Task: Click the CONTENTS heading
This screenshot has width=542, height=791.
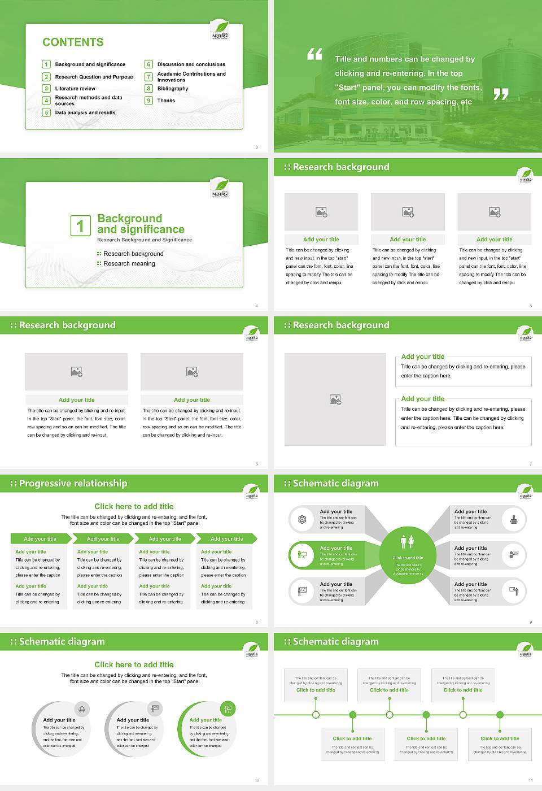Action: coord(73,42)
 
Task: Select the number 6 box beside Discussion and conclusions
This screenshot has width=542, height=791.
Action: coord(149,64)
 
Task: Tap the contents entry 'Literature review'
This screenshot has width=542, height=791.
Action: coord(75,89)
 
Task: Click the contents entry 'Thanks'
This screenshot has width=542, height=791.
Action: coord(166,101)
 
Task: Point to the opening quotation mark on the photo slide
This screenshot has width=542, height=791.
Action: coord(314,54)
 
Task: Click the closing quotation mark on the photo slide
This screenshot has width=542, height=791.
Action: coord(501,94)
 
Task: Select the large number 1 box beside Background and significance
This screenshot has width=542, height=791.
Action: coord(80,225)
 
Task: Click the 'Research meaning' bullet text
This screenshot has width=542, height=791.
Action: coord(129,264)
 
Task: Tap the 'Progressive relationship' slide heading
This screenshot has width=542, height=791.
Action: coord(73,484)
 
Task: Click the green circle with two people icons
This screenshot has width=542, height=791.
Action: coord(408,541)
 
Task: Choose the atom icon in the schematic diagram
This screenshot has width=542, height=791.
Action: coord(302,519)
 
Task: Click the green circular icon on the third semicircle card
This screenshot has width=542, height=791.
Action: coord(228,709)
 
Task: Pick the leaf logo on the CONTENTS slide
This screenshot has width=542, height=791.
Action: coord(220,28)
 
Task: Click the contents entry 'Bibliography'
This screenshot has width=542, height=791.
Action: coord(173,89)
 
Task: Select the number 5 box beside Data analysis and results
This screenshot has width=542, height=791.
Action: coord(47,112)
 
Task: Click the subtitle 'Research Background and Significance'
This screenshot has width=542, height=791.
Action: coord(145,240)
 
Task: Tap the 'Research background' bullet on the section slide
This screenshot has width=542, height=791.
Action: coord(133,254)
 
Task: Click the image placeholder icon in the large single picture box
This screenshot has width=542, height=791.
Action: coord(335,399)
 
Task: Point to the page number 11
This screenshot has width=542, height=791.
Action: coord(530,780)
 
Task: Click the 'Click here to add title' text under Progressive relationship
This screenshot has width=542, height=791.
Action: coord(134,507)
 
